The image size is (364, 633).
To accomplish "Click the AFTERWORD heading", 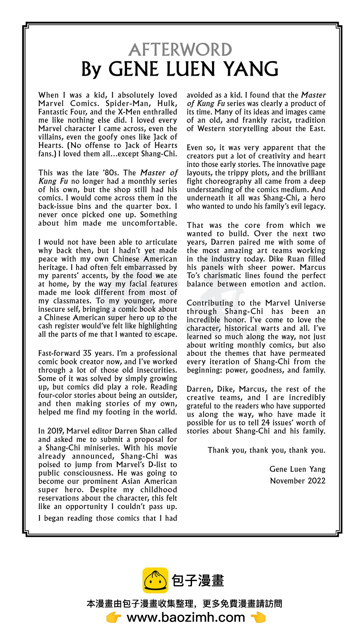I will [x=181, y=50].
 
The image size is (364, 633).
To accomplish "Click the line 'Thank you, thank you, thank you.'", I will [x=266, y=450].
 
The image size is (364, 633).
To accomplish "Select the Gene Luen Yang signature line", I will [x=297, y=469].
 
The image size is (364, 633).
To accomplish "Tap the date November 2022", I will [x=298, y=481].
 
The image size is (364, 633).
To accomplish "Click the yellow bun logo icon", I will [x=155, y=580].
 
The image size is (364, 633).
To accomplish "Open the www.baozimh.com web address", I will [x=186, y=617].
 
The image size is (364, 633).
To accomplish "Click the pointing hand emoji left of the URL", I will [x=114, y=617].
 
